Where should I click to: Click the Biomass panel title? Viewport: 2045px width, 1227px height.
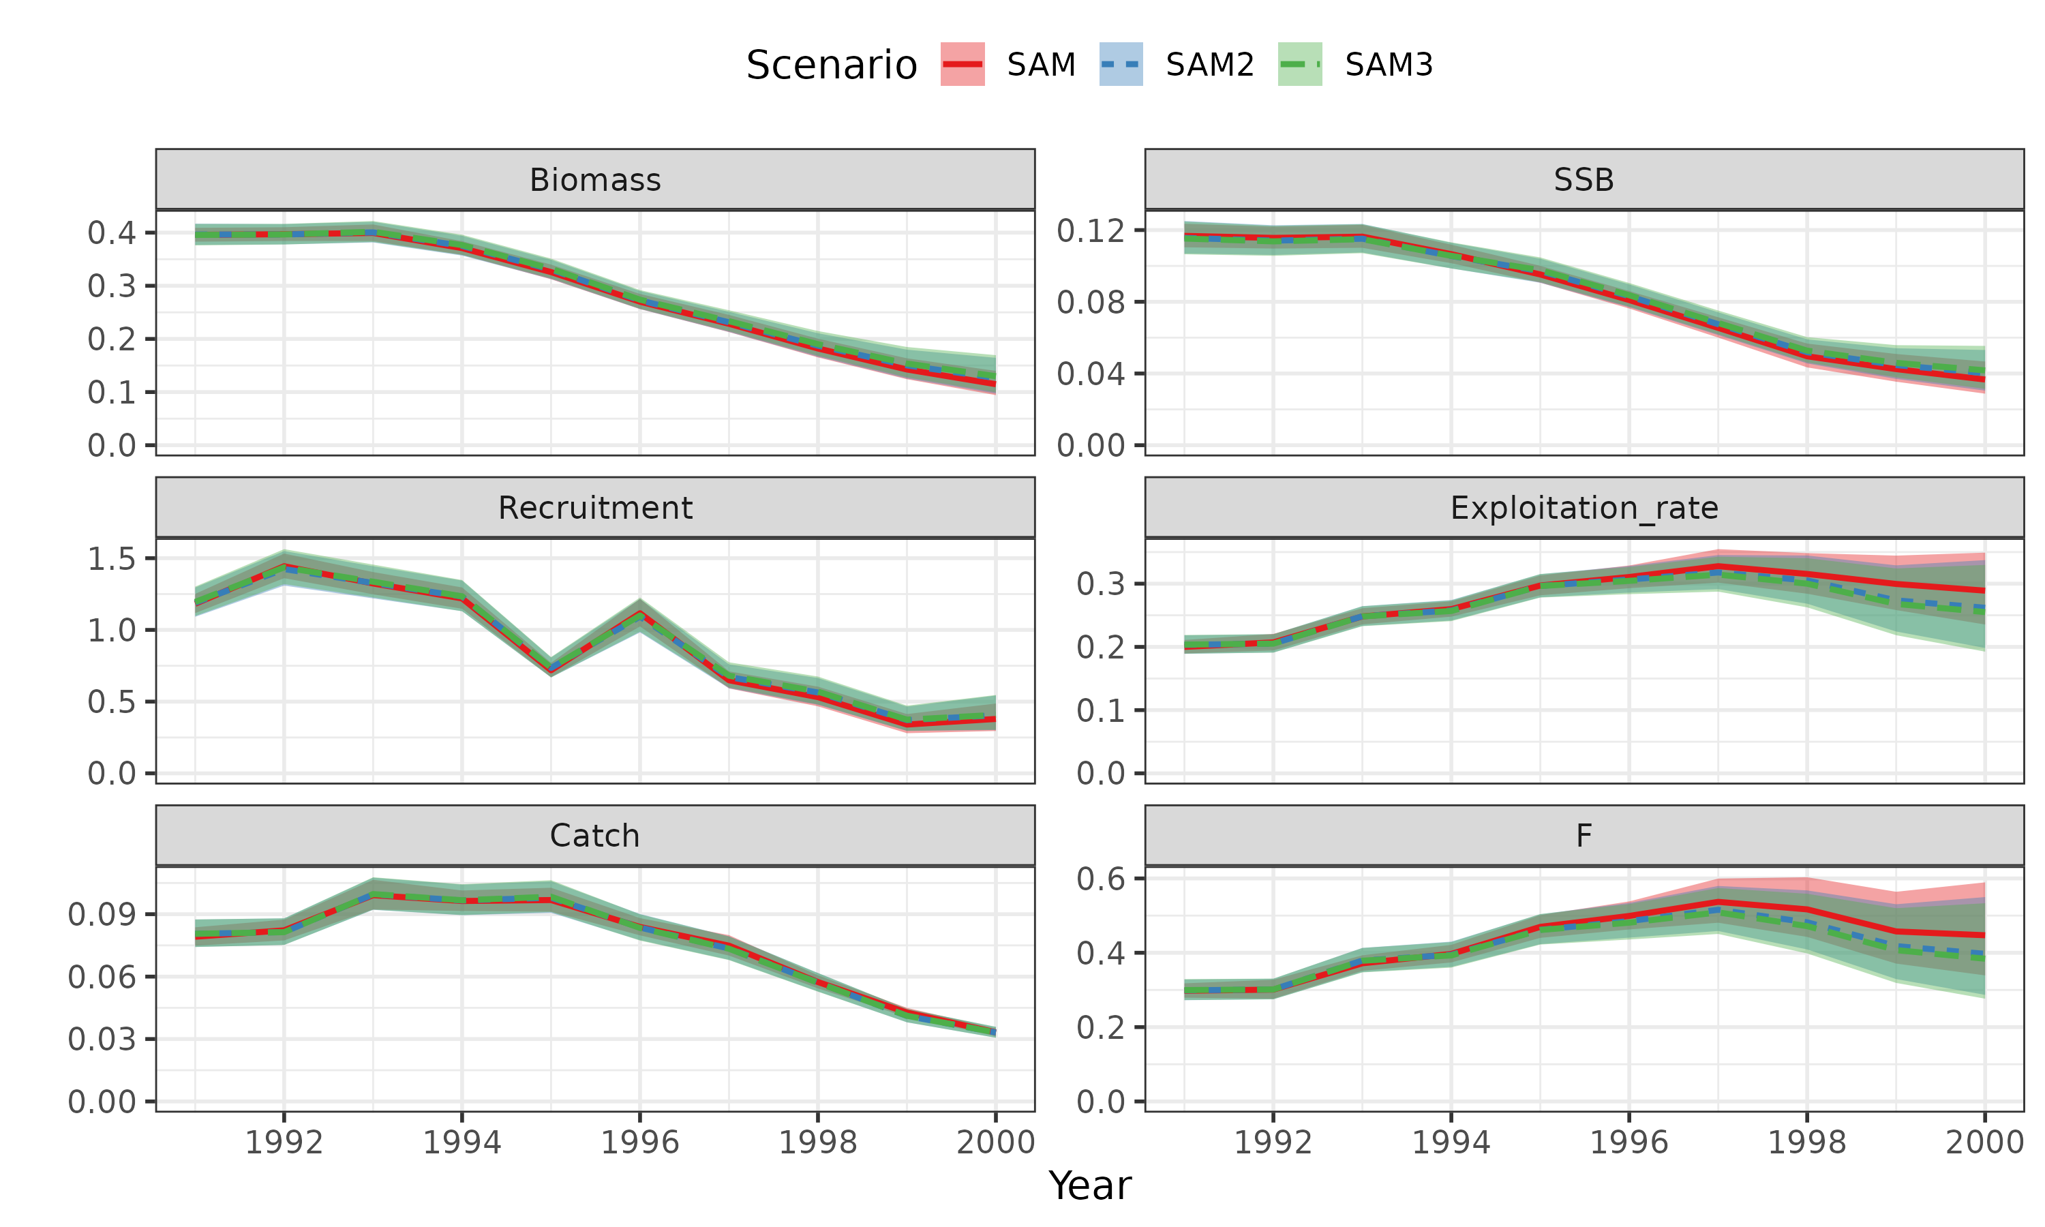tap(595, 180)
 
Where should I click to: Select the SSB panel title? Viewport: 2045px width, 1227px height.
tap(1584, 180)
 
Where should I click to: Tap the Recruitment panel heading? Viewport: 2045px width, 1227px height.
tap(595, 508)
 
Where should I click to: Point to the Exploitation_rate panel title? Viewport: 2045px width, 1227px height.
tap(1584, 508)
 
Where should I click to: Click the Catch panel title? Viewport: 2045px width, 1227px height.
tap(595, 836)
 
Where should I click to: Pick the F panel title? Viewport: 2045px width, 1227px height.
tap(1584, 836)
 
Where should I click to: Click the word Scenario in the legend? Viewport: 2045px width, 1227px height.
tap(832, 65)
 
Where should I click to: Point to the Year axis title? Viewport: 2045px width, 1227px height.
tap(1089, 1185)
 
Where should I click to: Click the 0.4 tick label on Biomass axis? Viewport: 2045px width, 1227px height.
tap(112, 232)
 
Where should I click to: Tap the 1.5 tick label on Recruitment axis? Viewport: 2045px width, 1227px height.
tap(112, 559)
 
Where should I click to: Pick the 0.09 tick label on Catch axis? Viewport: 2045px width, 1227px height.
tap(102, 915)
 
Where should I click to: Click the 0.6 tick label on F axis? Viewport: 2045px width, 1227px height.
tap(1100, 878)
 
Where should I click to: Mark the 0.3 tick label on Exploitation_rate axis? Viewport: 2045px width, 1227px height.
tap(1100, 584)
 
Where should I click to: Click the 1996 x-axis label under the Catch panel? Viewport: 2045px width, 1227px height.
tap(640, 1142)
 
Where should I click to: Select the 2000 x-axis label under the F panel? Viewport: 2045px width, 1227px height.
tap(1984, 1142)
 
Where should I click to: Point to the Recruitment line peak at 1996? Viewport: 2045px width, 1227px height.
tap(640, 613)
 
